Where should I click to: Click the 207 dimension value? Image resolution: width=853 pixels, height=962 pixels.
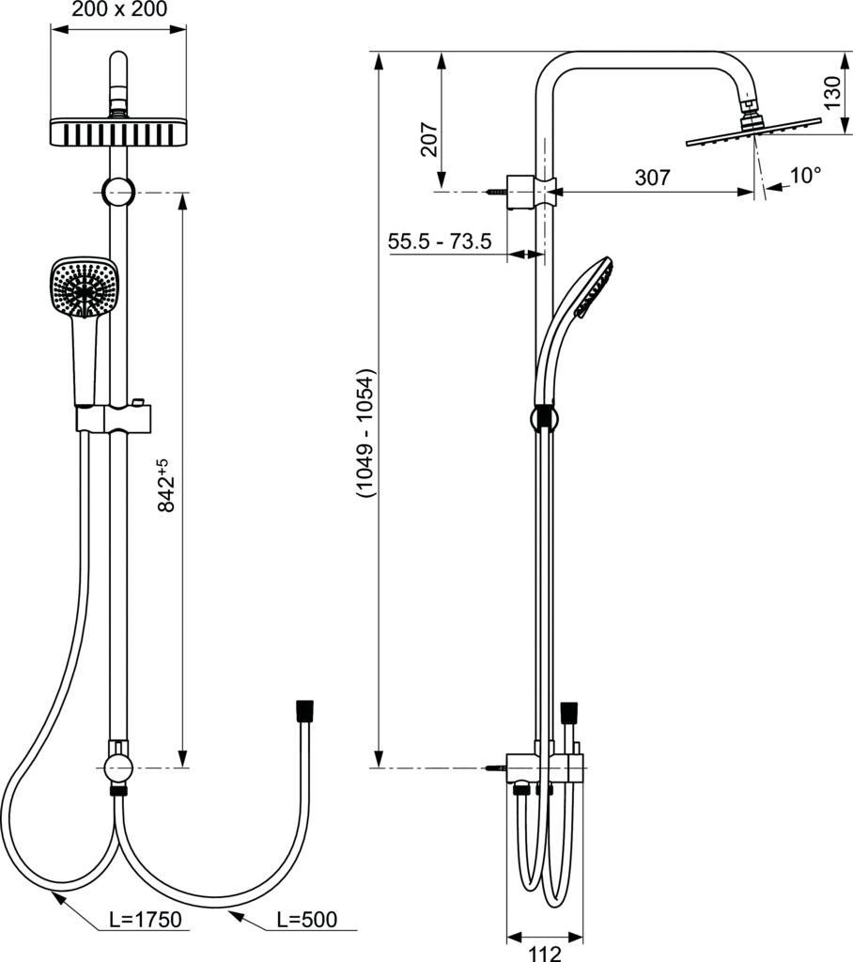pos(428,140)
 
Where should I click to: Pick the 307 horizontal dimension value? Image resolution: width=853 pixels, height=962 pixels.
pos(652,178)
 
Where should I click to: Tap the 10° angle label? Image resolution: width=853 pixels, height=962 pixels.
pos(804,175)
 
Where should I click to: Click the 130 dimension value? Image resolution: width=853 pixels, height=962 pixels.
pos(832,94)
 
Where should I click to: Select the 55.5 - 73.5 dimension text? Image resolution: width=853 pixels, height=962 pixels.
pos(440,241)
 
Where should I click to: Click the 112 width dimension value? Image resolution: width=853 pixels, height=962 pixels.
pos(544,952)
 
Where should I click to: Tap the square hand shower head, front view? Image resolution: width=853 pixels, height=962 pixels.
pos(83,286)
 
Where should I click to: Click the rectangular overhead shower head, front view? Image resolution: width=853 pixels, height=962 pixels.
pos(117,132)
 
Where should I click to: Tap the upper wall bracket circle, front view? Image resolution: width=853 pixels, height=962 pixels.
pos(118,192)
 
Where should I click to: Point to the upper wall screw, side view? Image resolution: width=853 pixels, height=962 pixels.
pos(496,192)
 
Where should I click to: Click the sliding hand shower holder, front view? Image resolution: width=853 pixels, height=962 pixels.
pos(117,417)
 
